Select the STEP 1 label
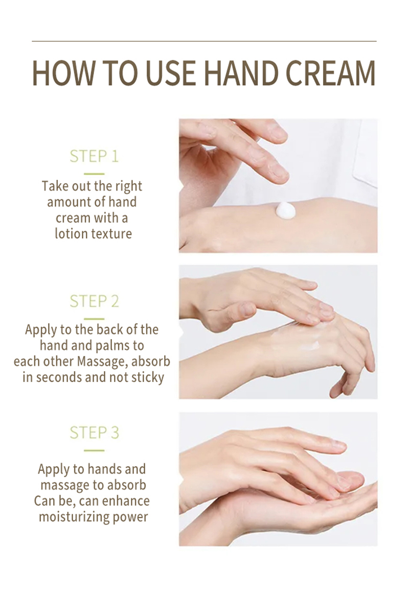(94, 156)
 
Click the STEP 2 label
(94, 301)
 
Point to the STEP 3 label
(94, 433)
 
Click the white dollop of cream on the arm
(285, 210)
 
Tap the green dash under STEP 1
(94, 174)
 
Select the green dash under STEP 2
(94, 319)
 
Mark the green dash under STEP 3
(94, 450)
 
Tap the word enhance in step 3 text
(126, 501)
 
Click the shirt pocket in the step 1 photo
(365, 153)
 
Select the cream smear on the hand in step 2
(294, 338)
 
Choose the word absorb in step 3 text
(127, 485)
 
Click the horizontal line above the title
(204, 41)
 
